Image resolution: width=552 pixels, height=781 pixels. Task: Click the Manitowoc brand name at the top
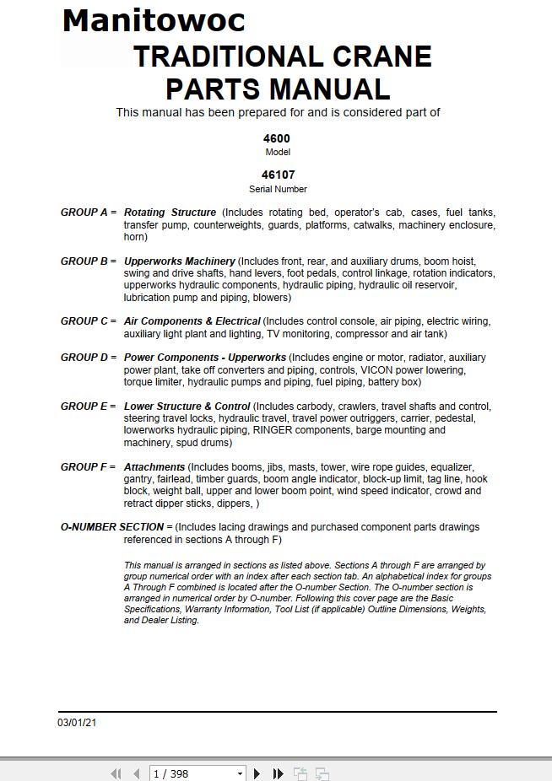click(154, 20)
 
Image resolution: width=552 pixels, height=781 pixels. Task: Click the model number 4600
click(278, 138)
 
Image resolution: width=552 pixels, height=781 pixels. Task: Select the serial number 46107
click(278, 175)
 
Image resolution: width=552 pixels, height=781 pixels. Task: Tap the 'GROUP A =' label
click(89, 213)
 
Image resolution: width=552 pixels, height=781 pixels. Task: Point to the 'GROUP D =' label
click(89, 358)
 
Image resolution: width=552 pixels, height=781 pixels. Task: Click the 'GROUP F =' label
click(89, 467)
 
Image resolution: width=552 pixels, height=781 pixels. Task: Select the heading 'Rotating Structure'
click(170, 213)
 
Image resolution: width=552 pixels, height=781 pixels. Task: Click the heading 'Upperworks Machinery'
click(179, 261)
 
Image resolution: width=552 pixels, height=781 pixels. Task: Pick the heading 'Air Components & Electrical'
click(192, 321)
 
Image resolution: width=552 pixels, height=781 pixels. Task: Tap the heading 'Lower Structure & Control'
click(187, 407)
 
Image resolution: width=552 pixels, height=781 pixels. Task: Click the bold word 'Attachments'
click(154, 467)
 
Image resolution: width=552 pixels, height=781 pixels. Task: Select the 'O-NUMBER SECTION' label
click(112, 527)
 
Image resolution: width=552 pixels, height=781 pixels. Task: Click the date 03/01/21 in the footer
click(77, 723)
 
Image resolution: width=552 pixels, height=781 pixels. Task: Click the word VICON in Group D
click(378, 369)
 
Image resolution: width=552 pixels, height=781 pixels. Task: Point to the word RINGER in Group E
click(271, 430)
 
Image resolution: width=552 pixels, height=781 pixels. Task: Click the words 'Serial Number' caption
click(278, 190)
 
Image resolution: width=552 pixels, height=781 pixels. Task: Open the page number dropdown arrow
click(240, 773)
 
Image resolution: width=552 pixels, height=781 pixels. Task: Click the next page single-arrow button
click(257, 773)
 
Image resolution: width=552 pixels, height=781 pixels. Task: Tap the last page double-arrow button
click(278, 773)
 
